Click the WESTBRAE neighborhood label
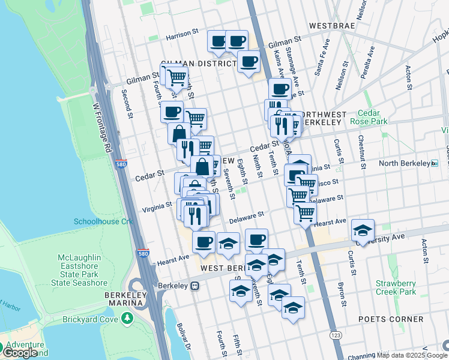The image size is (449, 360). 332,27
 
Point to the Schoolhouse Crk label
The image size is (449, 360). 103,221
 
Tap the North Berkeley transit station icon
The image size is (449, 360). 435,163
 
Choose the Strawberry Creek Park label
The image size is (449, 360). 395,287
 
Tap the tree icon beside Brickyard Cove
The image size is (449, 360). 127,319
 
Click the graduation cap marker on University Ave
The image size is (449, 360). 363,230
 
